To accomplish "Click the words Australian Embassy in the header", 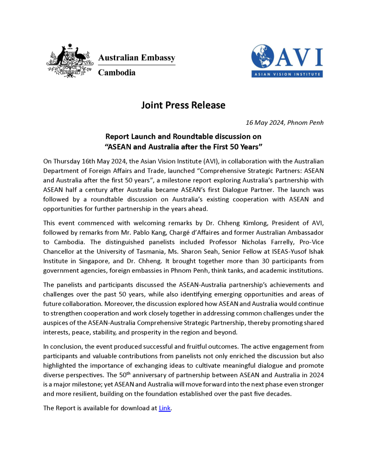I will tap(137, 58).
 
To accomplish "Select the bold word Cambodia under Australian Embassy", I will tap(116, 72).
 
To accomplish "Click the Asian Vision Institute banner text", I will tap(287, 74).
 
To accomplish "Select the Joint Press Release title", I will tap(183, 105).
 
